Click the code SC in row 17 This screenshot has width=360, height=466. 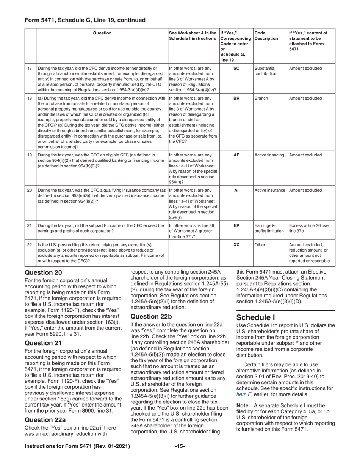pos(236,69)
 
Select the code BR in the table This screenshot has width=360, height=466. pos(236,99)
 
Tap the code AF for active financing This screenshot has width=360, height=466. pos(236,155)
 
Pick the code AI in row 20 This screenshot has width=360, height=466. pos(236,191)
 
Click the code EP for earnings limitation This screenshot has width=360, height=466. pos(236,226)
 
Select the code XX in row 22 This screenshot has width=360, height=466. pos(236,245)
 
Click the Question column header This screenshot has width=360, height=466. pos(102,33)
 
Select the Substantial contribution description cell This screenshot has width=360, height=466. pos(266,71)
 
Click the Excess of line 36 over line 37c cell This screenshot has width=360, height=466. pos(309,228)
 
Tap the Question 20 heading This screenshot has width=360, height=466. pos(43,272)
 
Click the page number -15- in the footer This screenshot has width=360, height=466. pos(180,447)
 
